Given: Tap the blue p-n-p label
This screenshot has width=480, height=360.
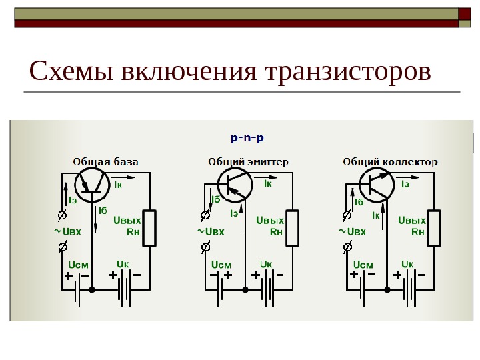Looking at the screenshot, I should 247,139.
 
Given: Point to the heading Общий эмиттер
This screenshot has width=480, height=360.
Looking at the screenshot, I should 249,161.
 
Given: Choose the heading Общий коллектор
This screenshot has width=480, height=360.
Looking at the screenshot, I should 390,161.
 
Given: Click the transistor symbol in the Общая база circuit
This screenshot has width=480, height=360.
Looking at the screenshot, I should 92,182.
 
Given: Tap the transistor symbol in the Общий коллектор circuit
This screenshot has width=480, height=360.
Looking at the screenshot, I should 377,183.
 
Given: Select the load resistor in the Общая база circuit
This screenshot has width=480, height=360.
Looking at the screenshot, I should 151,228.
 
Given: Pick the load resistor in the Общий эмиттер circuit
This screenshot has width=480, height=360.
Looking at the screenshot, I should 293,228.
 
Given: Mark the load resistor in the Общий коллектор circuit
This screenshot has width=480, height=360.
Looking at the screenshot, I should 435,228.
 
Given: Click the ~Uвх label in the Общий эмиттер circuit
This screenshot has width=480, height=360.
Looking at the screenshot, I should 211,232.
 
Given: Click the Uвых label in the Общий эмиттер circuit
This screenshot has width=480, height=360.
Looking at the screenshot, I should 270,220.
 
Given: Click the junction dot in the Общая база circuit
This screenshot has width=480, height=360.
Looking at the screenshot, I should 93,290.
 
